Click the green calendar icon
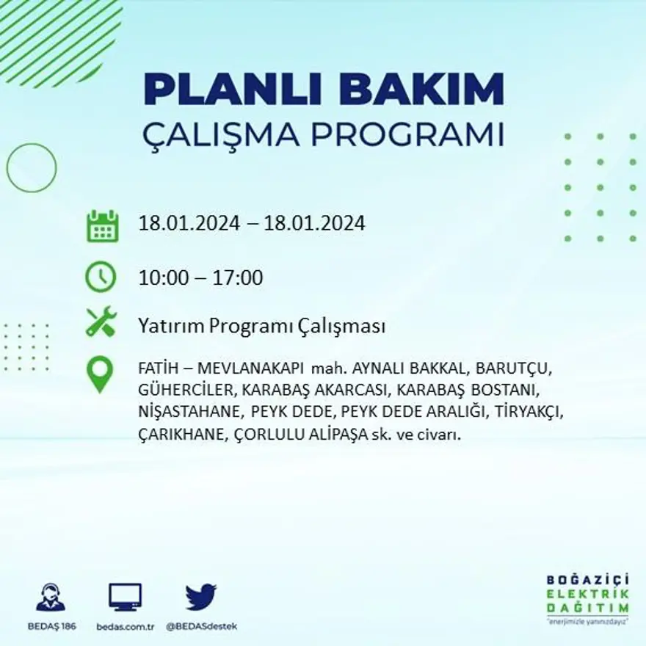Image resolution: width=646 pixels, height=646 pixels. [102, 226]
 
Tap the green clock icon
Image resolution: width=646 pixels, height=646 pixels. [101, 277]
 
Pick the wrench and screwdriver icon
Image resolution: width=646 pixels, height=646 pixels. [101, 322]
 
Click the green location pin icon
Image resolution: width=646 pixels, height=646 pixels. [100, 374]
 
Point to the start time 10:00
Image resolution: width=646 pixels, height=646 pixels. [161, 278]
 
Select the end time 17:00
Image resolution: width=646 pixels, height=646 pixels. [238, 278]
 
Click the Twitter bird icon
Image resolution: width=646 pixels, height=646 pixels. [200, 597]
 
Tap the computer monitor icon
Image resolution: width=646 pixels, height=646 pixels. [125, 598]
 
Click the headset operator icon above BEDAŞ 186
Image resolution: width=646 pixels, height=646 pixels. [51, 597]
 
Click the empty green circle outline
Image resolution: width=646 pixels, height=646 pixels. [32, 168]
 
